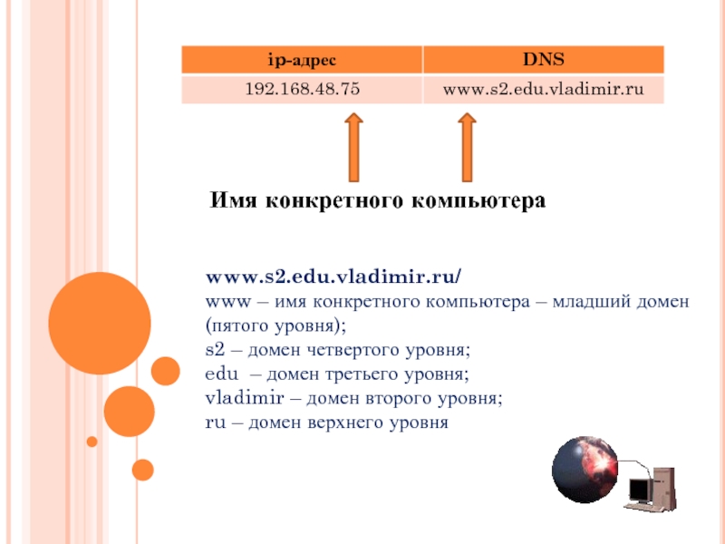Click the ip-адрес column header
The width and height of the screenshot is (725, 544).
coord(301,61)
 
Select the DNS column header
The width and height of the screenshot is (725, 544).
coord(542,61)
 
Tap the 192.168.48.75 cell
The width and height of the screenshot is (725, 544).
coord(301,90)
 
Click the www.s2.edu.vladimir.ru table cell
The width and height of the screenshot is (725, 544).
coord(542,90)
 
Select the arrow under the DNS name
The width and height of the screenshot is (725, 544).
coord(467,148)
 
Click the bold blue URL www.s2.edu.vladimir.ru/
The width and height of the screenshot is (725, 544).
coord(333,276)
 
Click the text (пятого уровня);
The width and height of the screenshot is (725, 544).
coord(275,325)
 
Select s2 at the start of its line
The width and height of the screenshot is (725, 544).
coord(215,349)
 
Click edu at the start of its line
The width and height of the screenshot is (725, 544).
coord(219,374)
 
